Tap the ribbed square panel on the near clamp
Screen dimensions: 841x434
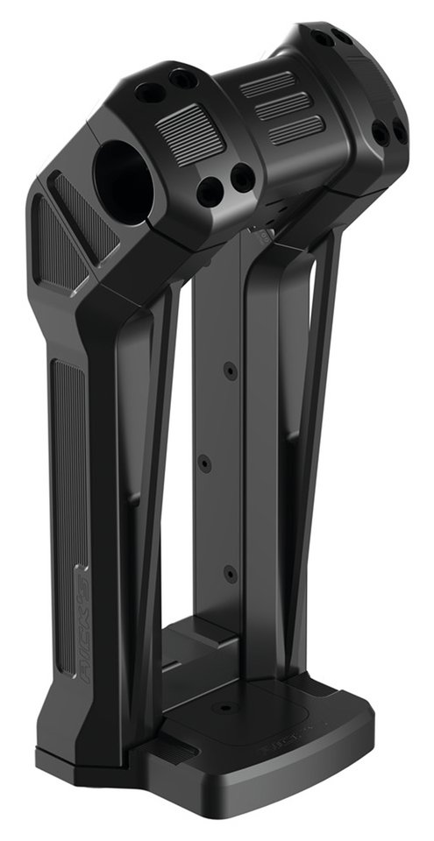pyautogui.click(x=190, y=131)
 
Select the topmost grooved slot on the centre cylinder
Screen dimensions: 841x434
pyautogui.click(x=267, y=84)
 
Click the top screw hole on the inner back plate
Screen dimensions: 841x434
pyautogui.click(x=230, y=371)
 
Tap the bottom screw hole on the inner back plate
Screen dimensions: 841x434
pyautogui.click(x=230, y=575)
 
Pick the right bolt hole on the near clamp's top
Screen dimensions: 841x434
pyautogui.click(x=182, y=78)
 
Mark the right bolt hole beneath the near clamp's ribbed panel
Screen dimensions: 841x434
pyautogui.click(x=243, y=178)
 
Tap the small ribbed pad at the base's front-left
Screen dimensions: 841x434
pyautogui.click(x=178, y=752)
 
